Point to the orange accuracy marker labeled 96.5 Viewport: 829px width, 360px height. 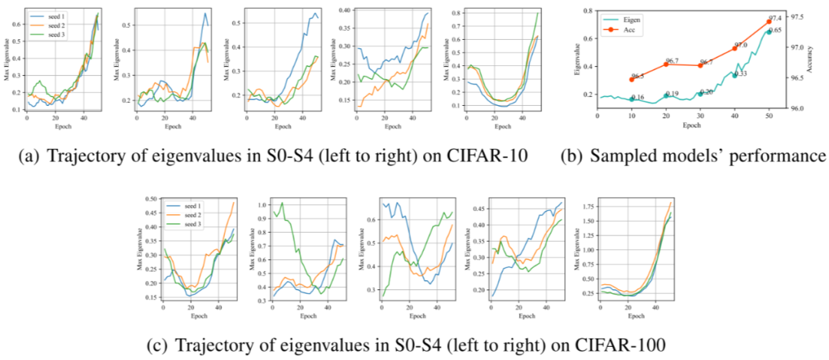[631, 79]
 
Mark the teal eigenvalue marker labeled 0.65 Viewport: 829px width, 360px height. [769, 31]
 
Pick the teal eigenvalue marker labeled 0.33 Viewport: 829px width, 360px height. [735, 74]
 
